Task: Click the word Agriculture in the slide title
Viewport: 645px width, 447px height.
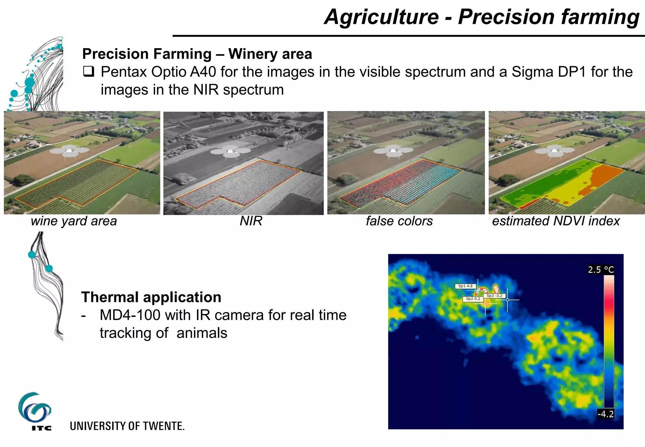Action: point(381,17)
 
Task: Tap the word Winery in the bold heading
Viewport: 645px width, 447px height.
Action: point(252,54)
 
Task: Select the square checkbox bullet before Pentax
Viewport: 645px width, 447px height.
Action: point(88,72)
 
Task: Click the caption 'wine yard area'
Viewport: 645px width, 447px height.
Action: point(74,221)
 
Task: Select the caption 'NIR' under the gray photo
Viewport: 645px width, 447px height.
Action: point(251,221)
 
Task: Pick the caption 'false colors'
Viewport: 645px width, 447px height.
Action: point(399,221)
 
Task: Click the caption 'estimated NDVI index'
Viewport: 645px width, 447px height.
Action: point(556,221)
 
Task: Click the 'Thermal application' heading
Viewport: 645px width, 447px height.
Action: point(151,297)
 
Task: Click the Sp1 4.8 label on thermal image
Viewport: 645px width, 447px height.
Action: point(465,286)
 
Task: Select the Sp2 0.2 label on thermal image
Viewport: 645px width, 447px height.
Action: point(473,299)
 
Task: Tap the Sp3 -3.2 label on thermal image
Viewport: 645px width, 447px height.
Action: point(494,296)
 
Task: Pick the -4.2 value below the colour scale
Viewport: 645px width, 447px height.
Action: point(606,414)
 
